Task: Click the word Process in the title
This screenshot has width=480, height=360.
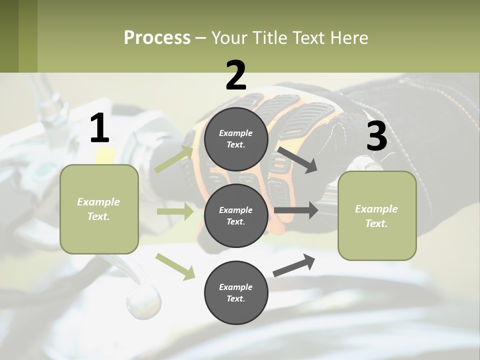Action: [x=157, y=37]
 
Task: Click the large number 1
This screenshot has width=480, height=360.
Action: [x=99, y=128]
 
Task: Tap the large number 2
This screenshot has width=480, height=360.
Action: [x=235, y=75]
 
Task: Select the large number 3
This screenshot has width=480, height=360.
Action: [x=376, y=136]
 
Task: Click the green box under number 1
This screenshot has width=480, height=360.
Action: [x=99, y=209]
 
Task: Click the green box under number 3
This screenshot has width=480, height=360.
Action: [x=377, y=215]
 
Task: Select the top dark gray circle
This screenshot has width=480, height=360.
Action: [x=236, y=139]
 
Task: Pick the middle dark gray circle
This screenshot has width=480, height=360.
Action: [x=236, y=215]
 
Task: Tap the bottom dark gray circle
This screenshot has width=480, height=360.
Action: [x=236, y=292]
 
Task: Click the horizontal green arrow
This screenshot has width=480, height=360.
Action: [x=175, y=211]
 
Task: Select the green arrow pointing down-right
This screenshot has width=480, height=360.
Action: [x=175, y=266]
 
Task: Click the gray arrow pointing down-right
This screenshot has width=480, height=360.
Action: [x=297, y=159]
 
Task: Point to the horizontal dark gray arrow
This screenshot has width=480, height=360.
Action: [x=295, y=210]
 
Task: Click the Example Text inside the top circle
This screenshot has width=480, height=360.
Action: [x=235, y=139]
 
